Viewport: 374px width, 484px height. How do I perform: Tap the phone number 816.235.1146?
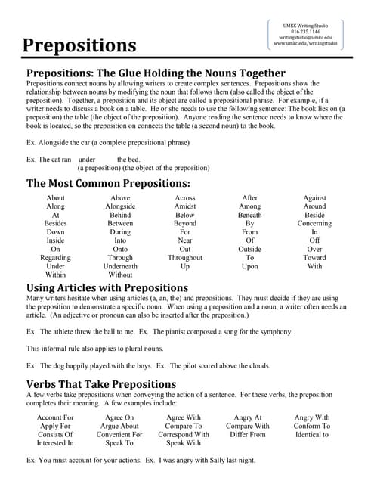[x=311, y=31]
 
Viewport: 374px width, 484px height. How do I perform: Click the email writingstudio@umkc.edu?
[x=311, y=37]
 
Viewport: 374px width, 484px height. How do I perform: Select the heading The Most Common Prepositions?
[x=108, y=183]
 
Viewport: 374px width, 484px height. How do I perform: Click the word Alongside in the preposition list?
[x=120, y=206]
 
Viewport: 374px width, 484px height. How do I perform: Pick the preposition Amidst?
[x=185, y=206]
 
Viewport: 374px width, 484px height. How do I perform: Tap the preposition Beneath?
[x=250, y=215]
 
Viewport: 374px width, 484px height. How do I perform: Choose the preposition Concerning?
[x=314, y=224]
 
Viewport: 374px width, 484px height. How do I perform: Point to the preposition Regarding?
[x=56, y=258]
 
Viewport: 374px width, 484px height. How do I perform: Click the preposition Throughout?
[x=185, y=258]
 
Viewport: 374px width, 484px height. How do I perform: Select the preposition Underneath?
[x=120, y=266]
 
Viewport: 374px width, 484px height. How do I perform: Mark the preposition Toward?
[x=314, y=258]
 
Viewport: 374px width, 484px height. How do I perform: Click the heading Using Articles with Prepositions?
[x=107, y=287]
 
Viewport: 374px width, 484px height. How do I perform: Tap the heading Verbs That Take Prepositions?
[x=101, y=384]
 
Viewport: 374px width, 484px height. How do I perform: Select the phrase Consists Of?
[x=56, y=435]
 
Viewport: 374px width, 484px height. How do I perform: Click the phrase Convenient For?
[x=119, y=435]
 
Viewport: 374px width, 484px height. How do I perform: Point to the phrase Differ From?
[x=248, y=435]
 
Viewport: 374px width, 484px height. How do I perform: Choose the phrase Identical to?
[x=312, y=435]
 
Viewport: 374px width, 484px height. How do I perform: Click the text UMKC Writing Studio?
[x=311, y=24]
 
